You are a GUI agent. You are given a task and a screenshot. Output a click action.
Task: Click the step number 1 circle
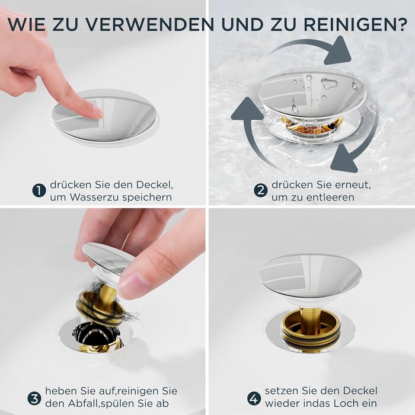(x=39, y=191)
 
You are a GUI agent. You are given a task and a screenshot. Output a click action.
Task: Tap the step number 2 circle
(x=261, y=190)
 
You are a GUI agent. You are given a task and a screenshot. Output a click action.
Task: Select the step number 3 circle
(x=34, y=398)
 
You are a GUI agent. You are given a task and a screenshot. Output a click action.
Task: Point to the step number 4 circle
(x=254, y=398)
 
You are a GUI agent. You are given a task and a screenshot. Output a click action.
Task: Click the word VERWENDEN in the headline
(x=150, y=24)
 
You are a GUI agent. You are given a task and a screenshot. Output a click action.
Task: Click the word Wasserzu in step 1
(x=95, y=197)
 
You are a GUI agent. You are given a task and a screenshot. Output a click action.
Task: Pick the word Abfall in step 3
(x=83, y=403)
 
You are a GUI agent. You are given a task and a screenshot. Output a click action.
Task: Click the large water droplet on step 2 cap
(x=328, y=83)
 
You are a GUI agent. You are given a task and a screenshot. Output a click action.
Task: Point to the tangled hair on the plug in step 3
(x=104, y=302)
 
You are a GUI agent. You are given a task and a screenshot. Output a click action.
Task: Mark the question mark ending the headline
(x=400, y=24)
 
